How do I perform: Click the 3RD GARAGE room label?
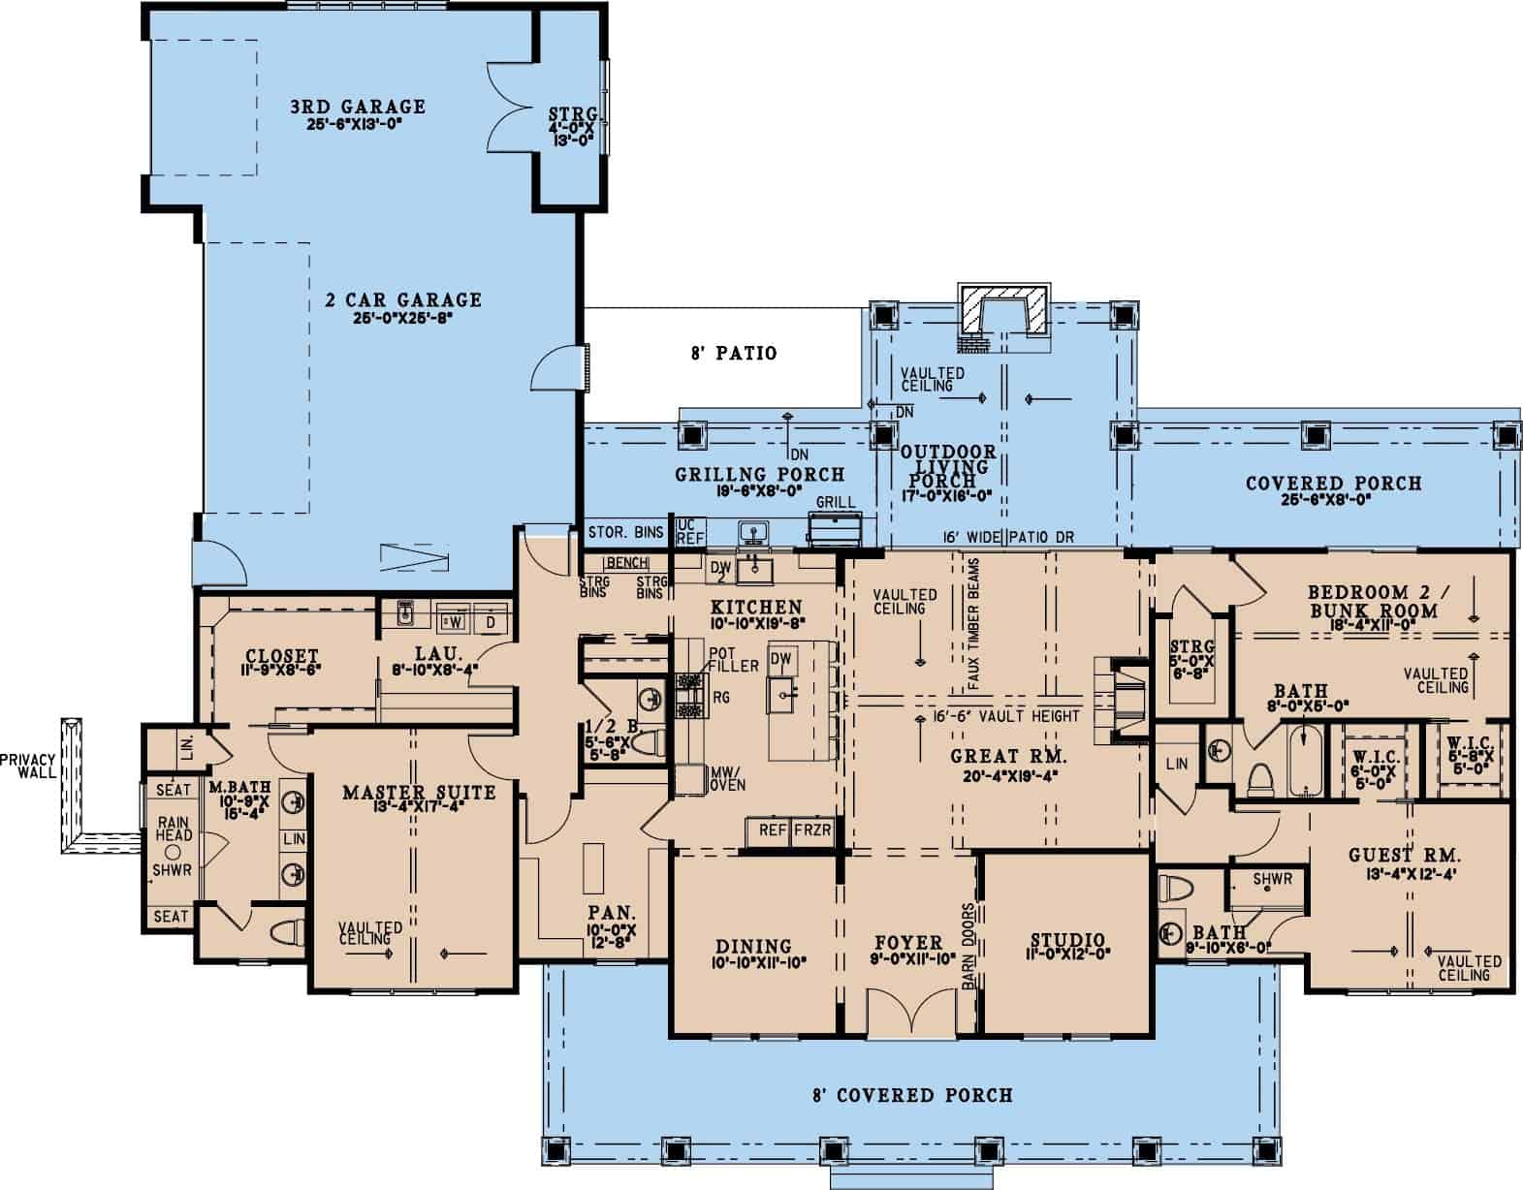tap(359, 107)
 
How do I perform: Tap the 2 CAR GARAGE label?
tap(402, 299)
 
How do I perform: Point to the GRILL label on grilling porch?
tap(835, 503)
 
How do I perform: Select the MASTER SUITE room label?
tap(419, 793)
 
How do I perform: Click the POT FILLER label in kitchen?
tap(726, 659)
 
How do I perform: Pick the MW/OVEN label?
tap(727, 777)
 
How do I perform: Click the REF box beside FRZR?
tap(772, 830)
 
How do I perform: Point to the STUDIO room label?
tap(1066, 940)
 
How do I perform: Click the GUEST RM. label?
tap(1404, 856)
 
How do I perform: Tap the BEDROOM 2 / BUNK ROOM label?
tap(1372, 601)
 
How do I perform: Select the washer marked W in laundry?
tap(452, 620)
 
